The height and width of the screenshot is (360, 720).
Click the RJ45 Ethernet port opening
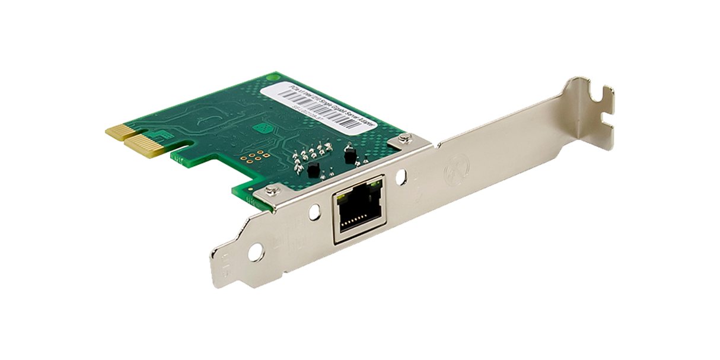[354, 209]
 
